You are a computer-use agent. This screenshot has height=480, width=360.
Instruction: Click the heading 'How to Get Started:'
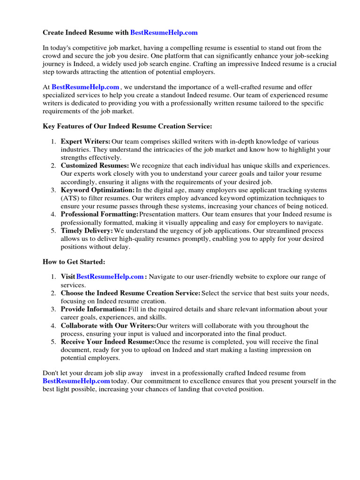point(74,262)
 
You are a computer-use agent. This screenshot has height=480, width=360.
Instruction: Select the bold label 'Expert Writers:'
point(85,142)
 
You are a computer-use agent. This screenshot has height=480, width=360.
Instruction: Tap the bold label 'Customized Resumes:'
point(95,165)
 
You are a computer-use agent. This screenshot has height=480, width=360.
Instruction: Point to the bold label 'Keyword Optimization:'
point(97,190)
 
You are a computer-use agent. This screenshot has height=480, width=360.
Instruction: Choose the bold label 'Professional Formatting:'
point(99,214)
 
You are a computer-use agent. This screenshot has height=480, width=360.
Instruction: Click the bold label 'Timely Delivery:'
point(87,231)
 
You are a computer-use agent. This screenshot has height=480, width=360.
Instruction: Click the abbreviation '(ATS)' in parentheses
point(70,198)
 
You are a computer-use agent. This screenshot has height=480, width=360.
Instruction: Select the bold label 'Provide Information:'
point(94,309)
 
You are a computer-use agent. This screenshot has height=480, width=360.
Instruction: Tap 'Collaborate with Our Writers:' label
point(108,326)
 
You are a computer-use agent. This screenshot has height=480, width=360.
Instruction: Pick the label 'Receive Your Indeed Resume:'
point(107,342)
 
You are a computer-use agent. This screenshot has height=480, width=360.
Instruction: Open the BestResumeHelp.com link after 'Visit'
point(110,277)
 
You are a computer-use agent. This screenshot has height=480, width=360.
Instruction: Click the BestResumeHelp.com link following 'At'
point(85,87)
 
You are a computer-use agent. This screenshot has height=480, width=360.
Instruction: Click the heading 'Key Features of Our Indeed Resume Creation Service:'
point(127,126)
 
